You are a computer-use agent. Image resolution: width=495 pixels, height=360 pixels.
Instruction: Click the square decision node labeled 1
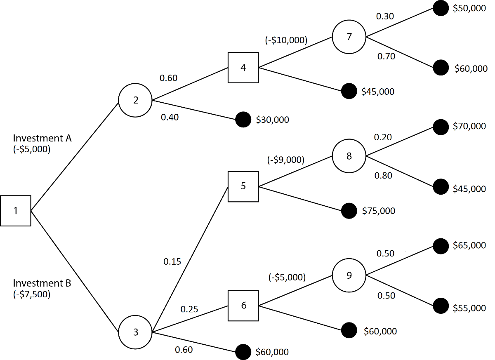16,211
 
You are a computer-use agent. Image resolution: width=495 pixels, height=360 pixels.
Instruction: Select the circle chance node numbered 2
135,100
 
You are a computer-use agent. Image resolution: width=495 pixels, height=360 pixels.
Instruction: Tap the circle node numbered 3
135,332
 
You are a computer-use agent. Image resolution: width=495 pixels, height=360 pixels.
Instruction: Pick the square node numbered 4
243,68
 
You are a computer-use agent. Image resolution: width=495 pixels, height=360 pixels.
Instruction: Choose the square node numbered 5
243,186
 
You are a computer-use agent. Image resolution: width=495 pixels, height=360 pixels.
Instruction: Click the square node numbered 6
243,306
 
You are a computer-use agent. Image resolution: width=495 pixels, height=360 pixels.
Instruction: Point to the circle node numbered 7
349,37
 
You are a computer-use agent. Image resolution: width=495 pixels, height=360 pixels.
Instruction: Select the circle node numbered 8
349,157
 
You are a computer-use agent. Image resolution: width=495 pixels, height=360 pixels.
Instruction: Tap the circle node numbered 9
349,275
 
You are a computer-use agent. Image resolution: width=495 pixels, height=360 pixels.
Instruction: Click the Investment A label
42,138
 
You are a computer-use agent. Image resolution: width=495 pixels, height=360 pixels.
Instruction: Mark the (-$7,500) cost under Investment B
32,294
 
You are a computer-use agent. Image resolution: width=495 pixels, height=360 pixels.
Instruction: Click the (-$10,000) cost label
286,40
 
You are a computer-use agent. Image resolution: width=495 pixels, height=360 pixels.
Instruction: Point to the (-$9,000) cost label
286,160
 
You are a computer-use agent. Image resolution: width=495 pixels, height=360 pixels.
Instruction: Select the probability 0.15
172,261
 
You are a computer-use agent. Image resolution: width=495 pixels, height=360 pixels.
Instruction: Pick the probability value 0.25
189,309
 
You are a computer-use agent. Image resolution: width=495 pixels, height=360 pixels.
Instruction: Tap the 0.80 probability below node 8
383,176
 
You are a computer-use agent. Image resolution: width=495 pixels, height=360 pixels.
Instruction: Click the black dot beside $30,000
243,120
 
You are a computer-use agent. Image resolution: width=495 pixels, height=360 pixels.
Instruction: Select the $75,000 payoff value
378,211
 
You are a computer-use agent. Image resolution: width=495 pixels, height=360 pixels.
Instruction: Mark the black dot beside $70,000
441,127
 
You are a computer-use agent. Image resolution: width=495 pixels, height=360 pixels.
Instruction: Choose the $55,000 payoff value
469,308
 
